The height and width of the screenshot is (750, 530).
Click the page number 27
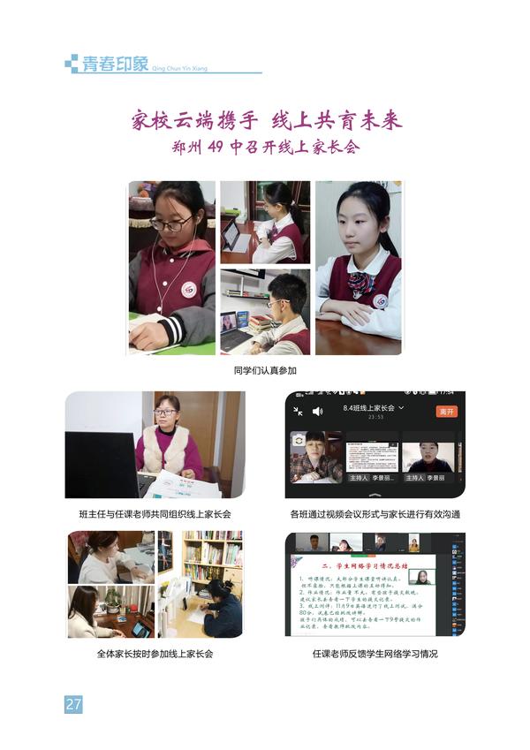coord(73,704)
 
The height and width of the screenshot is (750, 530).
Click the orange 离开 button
coord(447,411)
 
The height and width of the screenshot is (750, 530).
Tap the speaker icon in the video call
coord(318,411)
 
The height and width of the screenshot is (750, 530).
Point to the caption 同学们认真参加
coord(264,371)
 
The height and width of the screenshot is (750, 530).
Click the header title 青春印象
coord(116,64)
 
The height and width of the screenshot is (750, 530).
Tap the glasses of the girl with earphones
coord(170,223)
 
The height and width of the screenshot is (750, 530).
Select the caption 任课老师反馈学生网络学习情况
coord(375,654)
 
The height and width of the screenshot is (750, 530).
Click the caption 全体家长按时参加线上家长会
coord(155,654)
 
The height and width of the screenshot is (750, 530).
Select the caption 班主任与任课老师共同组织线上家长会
coord(155,513)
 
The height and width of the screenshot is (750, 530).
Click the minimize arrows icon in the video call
coord(298,411)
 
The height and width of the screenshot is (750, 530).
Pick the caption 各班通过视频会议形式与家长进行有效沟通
coord(375,513)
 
